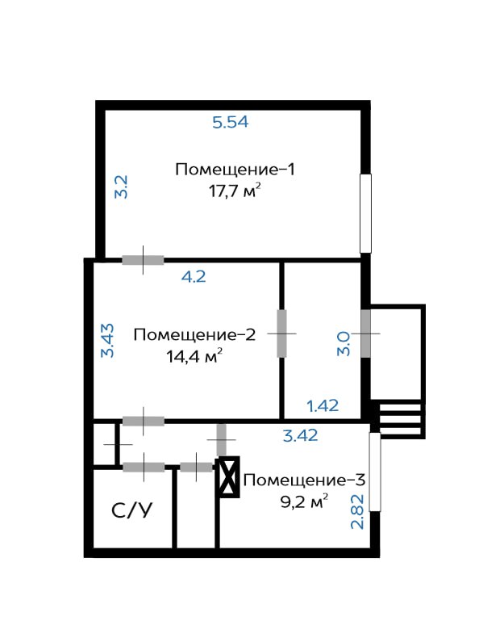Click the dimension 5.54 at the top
[x=230, y=122]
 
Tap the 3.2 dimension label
[x=121, y=187]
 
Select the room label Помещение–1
[x=235, y=170]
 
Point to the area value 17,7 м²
[x=235, y=191]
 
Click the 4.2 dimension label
[x=194, y=276]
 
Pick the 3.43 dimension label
[x=107, y=341]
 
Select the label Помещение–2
[x=194, y=335]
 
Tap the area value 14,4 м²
[x=194, y=356]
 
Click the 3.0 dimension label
[x=344, y=344]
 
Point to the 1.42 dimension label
[x=323, y=405]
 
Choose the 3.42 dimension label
[x=300, y=435]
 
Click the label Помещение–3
[x=304, y=480]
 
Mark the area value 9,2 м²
[x=304, y=501]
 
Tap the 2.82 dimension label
[x=357, y=512]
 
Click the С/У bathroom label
[x=131, y=510]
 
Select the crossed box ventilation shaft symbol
[x=229, y=476]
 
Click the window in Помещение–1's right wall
[x=365, y=213]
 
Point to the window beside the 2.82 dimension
[x=375, y=472]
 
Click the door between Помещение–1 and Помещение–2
[x=143, y=260]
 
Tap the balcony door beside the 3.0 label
[x=366, y=334]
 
